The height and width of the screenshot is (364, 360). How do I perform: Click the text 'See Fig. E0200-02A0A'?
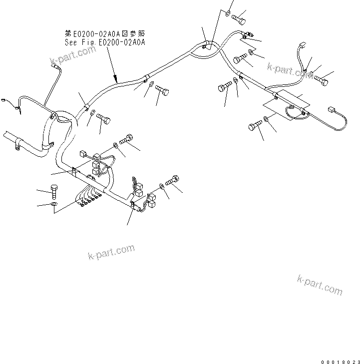pos(105,42)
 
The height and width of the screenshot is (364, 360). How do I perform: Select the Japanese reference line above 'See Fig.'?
pos(105,33)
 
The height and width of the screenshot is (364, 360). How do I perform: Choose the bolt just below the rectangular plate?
pos(255,126)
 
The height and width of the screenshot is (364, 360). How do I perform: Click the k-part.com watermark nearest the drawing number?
pos(320,285)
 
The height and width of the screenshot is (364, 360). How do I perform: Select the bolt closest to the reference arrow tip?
pos(162,91)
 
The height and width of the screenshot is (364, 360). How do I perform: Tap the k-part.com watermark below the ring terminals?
pos(111,252)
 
